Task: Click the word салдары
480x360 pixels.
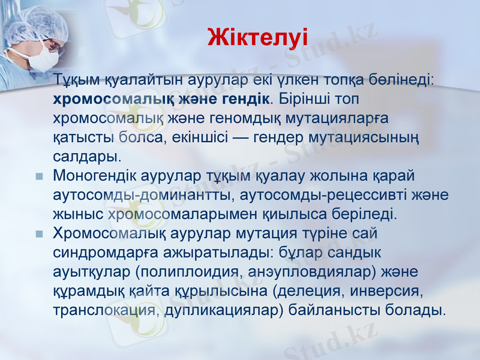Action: pos(86,157)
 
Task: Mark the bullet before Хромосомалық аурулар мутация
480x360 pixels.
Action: pos(39,233)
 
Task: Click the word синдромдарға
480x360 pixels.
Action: pos(104,253)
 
